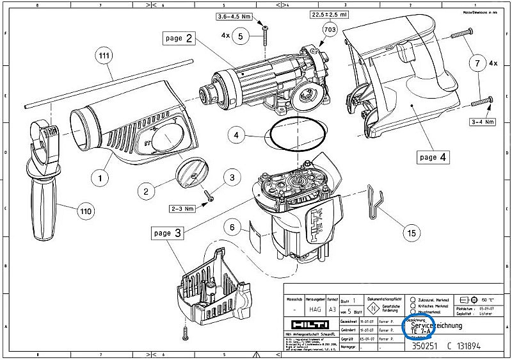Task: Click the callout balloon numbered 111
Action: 104,56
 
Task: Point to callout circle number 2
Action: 147,191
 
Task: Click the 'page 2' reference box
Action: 180,38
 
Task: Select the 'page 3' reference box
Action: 168,233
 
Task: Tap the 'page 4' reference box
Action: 438,156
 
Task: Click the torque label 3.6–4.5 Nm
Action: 236,16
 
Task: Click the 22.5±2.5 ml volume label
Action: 331,15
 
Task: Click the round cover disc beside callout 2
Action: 190,173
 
